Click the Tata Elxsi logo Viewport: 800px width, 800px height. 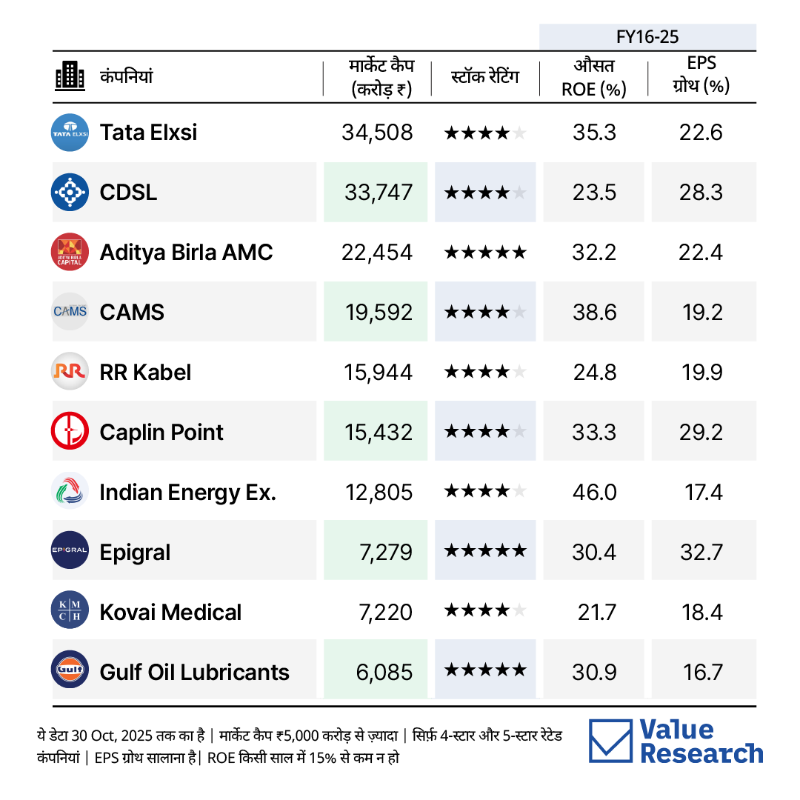tap(70, 133)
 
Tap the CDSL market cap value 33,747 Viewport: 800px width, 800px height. tap(378, 193)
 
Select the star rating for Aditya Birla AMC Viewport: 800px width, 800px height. tap(485, 252)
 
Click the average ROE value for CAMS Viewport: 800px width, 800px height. tap(594, 313)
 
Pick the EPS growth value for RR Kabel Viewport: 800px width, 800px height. tap(702, 373)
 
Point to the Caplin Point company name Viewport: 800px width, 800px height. tap(161, 433)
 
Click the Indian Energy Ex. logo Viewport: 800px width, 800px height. tap(70, 491)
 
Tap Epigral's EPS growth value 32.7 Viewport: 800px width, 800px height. tap(701, 552)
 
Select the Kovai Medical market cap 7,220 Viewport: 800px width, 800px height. tap(385, 613)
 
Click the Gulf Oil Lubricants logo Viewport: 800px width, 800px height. tap(70, 670)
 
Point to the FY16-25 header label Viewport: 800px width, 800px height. tap(647, 37)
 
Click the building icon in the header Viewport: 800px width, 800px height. tap(70, 76)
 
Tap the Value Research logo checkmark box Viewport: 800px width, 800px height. tap(610, 741)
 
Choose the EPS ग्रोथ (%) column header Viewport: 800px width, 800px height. tap(701, 75)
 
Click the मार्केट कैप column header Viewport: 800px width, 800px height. tap(381, 77)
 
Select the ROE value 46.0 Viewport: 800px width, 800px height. tap(594, 493)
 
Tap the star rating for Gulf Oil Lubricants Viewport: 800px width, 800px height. tap(485, 670)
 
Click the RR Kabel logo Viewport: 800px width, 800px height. tap(70, 371)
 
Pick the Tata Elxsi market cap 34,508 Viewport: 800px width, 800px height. tap(377, 133)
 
